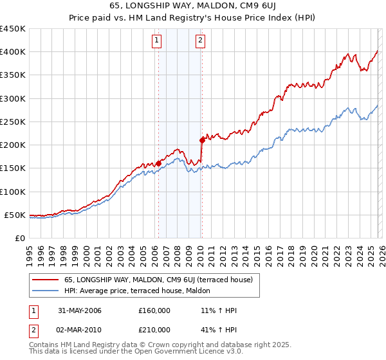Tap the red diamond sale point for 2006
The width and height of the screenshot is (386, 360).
(x=158, y=163)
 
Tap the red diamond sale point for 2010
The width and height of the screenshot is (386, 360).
(x=201, y=139)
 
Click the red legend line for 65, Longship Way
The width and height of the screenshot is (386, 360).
(x=46, y=280)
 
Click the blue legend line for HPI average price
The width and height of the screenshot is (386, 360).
(x=46, y=291)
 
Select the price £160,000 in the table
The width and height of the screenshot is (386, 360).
(x=154, y=310)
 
